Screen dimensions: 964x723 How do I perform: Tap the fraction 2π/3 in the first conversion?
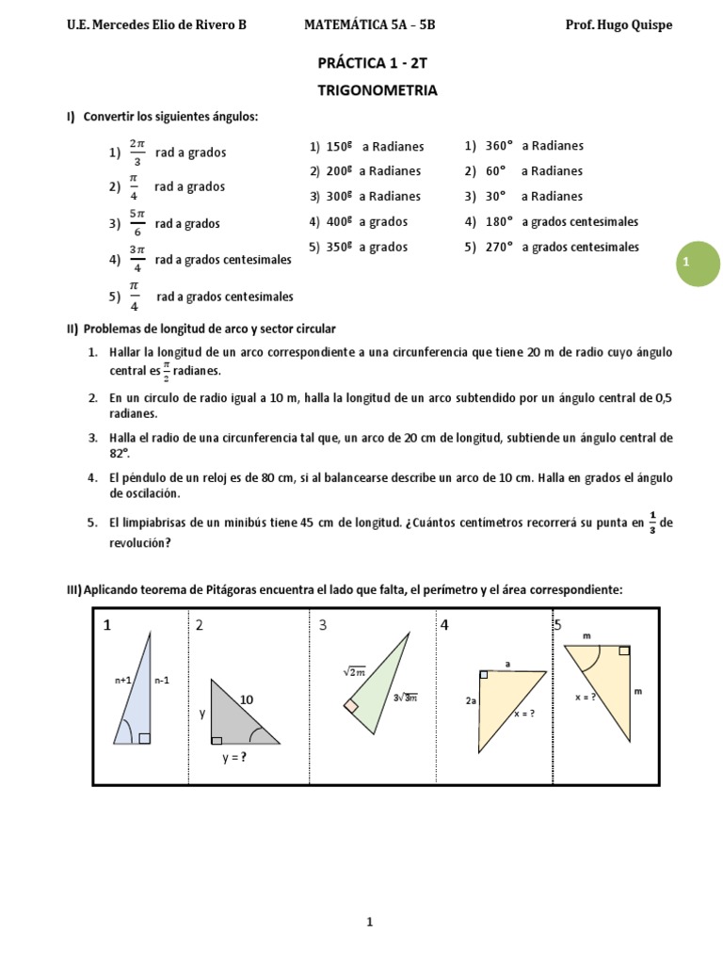[x=137, y=152]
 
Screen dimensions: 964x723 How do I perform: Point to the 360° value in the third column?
[x=500, y=146]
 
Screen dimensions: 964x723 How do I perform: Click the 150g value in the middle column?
[x=339, y=147]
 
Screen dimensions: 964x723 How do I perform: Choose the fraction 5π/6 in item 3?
[x=137, y=224]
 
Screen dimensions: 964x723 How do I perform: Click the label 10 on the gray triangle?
[x=248, y=699]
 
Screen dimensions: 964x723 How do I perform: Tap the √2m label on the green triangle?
[x=354, y=671]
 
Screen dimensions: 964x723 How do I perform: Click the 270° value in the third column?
[x=500, y=248]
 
